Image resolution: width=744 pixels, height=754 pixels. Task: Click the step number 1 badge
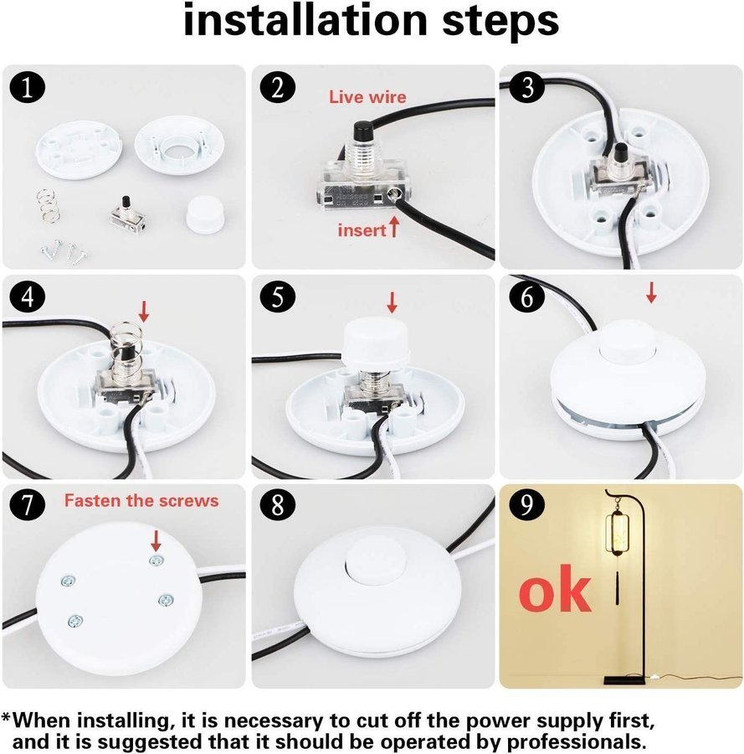tap(28, 89)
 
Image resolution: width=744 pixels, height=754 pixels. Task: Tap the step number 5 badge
tap(278, 298)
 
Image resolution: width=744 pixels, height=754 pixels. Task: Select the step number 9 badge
tap(527, 505)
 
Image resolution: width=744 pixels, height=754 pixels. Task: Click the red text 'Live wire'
tap(367, 97)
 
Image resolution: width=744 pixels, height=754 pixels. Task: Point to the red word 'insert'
tap(362, 230)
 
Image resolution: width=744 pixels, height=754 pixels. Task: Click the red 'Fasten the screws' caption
tap(141, 501)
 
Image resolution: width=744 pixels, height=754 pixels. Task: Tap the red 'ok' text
tap(555, 589)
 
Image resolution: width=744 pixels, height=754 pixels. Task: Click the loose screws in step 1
tap(64, 251)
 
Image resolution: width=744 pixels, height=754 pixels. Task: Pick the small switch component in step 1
tap(127, 214)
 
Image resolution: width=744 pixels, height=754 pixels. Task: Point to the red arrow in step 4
tap(144, 312)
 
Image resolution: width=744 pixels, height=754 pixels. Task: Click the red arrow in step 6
tap(651, 293)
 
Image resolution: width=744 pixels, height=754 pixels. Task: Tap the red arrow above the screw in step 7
tap(156, 541)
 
